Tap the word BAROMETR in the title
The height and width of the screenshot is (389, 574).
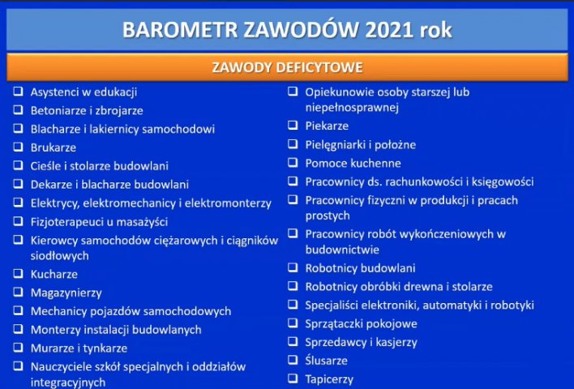(180, 30)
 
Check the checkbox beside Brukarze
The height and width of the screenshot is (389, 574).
(19, 147)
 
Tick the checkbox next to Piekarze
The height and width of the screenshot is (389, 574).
(293, 125)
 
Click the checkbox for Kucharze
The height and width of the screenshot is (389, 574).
(19, 273)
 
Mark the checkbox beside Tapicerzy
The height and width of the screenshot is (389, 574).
(293, 378)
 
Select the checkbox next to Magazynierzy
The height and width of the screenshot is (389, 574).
(19, 292)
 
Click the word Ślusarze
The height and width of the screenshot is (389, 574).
(326, 360)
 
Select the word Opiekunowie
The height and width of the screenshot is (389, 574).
(338, 92)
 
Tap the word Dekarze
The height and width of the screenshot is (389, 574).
(51, 185)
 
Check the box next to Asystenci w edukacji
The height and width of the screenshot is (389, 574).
(19, 91)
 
